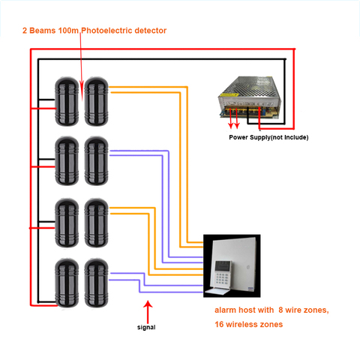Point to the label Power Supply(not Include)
tap(268, 137)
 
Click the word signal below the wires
tap(147, 327)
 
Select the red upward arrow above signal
tap(148, 309)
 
